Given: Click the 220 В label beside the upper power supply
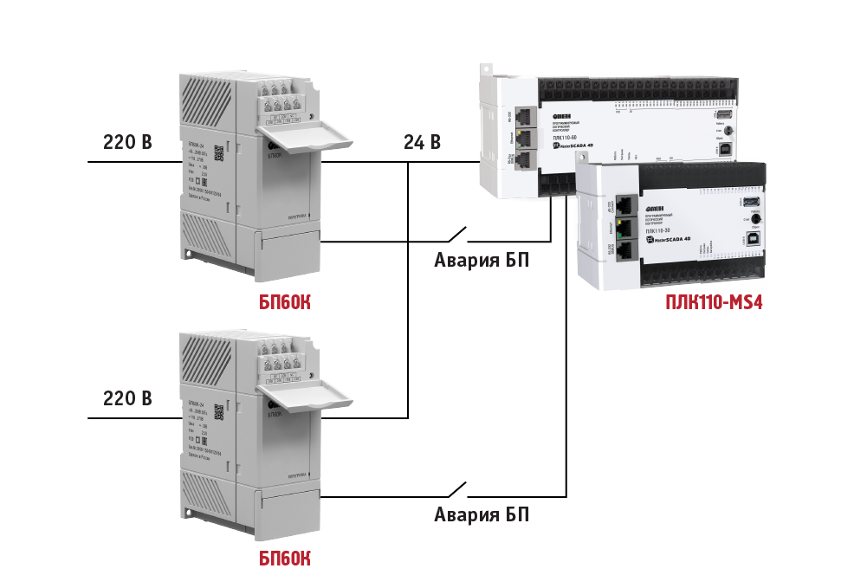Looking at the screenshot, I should pyautogui.click(x=127, y=142).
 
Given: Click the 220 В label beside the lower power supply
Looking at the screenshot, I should pyautogui.click(x=127, y=399).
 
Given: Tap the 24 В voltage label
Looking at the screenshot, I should pyautogui.click(x=422, y=142).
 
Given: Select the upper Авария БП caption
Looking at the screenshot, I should pyautogui.click(x=481, y=260).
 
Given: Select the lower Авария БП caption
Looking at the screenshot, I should pyautogui.click(x=481, y=515).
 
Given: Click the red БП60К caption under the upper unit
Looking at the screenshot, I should pyautogui.click(x=285, y=302).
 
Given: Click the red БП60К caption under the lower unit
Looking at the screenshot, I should pyautogui.click(x=285, y=559).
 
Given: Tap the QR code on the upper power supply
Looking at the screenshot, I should pyautogui.click(x=218, y=152).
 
